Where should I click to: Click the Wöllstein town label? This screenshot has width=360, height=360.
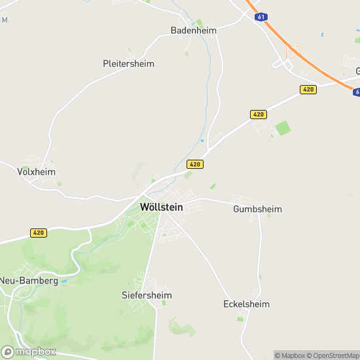coord(161,207)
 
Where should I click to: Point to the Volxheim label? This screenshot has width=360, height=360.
coord(36,171)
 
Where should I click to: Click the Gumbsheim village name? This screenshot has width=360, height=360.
coord(257,209)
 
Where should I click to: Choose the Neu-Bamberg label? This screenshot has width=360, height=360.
coord(29,281)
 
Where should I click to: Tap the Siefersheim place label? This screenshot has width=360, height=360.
coord(147,295)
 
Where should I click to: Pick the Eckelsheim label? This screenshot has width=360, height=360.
coord(246,304)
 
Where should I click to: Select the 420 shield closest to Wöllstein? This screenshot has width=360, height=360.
coord(194,164)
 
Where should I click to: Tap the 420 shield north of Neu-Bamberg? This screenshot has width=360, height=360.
coord(39,232)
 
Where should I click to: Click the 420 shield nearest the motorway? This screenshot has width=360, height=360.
coord(308,89)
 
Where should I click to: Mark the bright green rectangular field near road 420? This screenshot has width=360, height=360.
coord(282,128)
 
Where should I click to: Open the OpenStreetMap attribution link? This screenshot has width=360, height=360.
coord(334,355)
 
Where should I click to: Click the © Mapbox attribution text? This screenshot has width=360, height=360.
coord(290,355)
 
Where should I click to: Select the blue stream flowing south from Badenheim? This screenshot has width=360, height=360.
coord(209,79)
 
